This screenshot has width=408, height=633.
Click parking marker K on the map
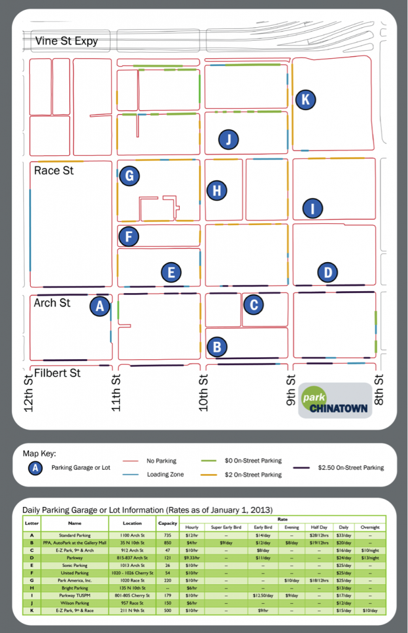(x=305, y=100)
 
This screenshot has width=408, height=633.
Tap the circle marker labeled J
(x=228, y=140)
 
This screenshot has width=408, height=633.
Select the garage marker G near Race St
(x=129, y=176)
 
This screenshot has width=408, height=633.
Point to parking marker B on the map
(x=216, y=347)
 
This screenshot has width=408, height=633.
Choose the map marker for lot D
(x=328, y=271)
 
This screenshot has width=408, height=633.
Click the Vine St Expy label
(x=67, y=42)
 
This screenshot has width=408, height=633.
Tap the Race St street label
(x=54, y=170)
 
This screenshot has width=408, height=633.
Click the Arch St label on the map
(x=52, y=303)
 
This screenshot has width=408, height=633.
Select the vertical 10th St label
(x=203, y=392)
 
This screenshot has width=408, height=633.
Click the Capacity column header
(x=168, y=523)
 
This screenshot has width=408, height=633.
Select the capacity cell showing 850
(x=168, y=542)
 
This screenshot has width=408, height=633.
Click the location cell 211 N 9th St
(x=132, y=611)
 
